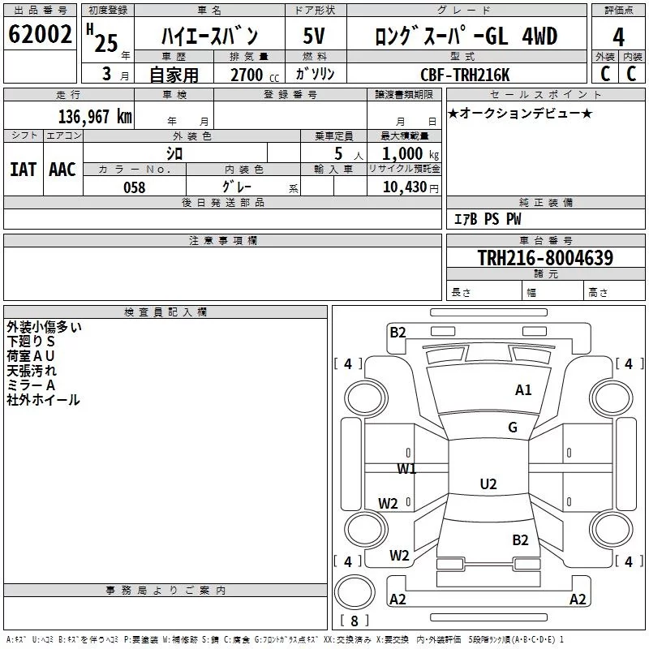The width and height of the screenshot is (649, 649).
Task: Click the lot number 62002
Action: tap(40, 34)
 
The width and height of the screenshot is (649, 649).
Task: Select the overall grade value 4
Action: tap(618, 37)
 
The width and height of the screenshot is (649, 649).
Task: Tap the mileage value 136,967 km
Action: tap(95, 117)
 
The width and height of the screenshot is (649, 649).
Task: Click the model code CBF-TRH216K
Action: tap(465, 75)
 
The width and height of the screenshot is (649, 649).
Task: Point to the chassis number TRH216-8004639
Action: tap(545, 258)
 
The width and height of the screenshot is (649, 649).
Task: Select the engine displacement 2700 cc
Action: tap(255, 75)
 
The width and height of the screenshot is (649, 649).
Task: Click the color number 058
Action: tap(135, 187)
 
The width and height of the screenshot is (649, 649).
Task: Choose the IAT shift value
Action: tap(24, 170)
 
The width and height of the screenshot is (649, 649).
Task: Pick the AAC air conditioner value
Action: tap(62, 170)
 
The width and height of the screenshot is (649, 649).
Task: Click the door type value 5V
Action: tap(314, 36)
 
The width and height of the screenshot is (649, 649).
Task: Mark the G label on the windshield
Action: tap(513, 428)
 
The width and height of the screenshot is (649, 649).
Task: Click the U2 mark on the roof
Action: tap(488, 484)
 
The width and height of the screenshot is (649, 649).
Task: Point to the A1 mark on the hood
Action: tap(523, 390)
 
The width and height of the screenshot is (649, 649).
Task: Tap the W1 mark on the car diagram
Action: tap(406, 469)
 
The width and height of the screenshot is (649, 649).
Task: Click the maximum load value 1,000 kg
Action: tap(410, 154)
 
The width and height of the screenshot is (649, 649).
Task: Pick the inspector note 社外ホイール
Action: tap(43, 400)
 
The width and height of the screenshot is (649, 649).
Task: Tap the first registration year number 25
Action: tap(106, 44)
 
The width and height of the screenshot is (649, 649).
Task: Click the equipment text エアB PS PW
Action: tap(488, 219)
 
